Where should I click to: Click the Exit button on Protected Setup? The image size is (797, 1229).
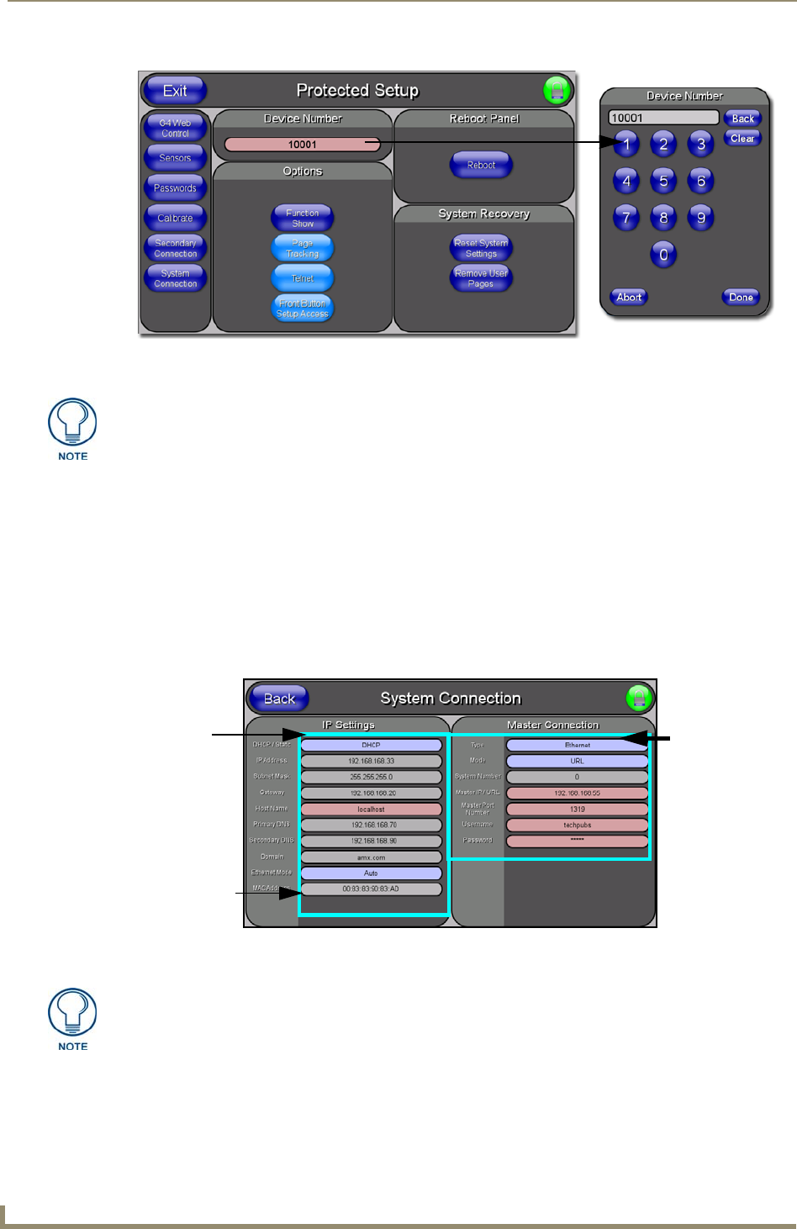(175, 91)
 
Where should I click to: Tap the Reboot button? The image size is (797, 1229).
(481, 165)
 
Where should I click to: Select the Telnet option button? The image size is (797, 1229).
(303, 278)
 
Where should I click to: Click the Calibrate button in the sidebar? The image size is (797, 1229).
(175, 218)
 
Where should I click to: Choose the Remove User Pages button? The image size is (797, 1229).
(481, 278)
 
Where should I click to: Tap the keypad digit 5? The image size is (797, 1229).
(663, 181)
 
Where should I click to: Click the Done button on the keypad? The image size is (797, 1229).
(741, 297)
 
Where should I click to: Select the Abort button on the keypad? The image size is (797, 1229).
(629, 297)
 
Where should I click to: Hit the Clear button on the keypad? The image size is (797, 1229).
(742, 139)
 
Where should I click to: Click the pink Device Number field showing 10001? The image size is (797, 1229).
(303, 145)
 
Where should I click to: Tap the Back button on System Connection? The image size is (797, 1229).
(279, 699)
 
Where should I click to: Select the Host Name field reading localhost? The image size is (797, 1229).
(371, 809)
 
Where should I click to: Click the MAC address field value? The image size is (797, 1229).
(371, 889)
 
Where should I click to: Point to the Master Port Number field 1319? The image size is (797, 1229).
(577, 809)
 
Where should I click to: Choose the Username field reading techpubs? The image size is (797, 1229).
(577, 825)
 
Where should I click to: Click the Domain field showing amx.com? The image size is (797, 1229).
(371, 857)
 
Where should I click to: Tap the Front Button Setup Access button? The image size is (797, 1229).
(303, 309)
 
